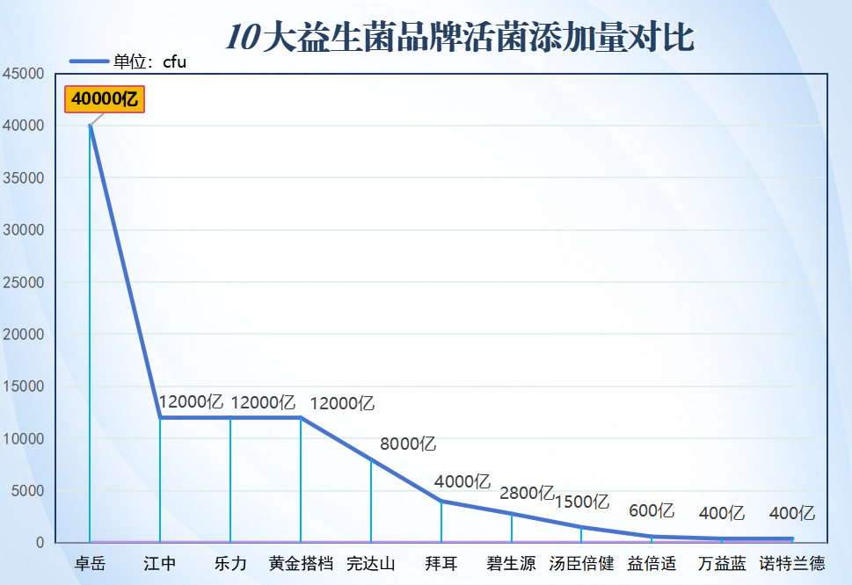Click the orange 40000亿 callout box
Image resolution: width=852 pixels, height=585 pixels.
pyautogui.click(x=105, y=99)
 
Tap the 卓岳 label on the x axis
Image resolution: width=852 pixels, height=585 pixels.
pyautogui.click(x=90, y=563)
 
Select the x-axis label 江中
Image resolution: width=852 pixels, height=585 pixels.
pyautogui.click(x=160, y=563)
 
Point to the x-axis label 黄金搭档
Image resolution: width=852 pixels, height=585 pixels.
pyautogui.click(x=301, y=563)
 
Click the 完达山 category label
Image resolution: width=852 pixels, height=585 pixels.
pyautogui.click(x=371, y=563)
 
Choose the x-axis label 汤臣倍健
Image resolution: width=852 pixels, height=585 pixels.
pyautogui.click(x=581, y=563)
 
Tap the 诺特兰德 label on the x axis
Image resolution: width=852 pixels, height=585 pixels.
pyautogui.click(x=792, y=563)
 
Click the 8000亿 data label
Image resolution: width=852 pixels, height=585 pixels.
pyautogui.click(x=408, y=444)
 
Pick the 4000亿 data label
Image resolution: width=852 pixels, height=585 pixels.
pyautogui.click(x=462, y=481)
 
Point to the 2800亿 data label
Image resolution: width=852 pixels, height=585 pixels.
pyautogui.click(x=527, y=493)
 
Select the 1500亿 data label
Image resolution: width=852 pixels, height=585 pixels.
pyautogui.click(x=581, y=502)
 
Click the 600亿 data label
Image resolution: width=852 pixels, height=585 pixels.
pyautogui.click(x=652, y=510)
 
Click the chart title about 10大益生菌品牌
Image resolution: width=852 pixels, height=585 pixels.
pyautogui.click(x=460, y=38)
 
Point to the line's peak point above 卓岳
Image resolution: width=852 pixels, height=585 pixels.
pyautogui.click(x=90, y=126)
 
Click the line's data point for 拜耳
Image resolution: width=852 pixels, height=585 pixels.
pyautogui.click(x=441, y=501)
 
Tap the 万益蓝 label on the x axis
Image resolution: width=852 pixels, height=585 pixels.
pyautogui.click(x=722, y=563)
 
